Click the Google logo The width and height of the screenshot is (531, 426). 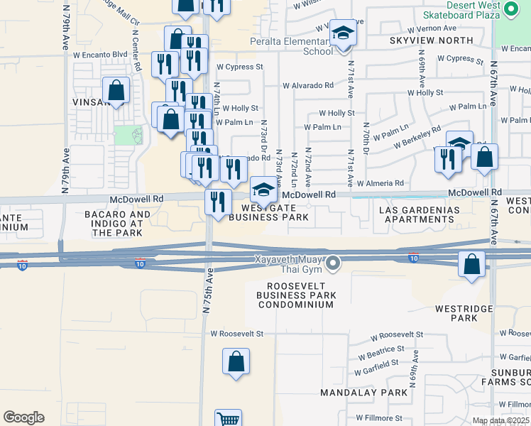[23, 417]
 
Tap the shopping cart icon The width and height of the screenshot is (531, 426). [228, 419]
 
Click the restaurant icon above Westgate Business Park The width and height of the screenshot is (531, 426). [219, 202]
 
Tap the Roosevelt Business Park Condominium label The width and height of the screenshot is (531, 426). [295, 295]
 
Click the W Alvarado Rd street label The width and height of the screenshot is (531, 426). [307, 85]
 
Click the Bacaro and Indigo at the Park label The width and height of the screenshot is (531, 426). [118, 223]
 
